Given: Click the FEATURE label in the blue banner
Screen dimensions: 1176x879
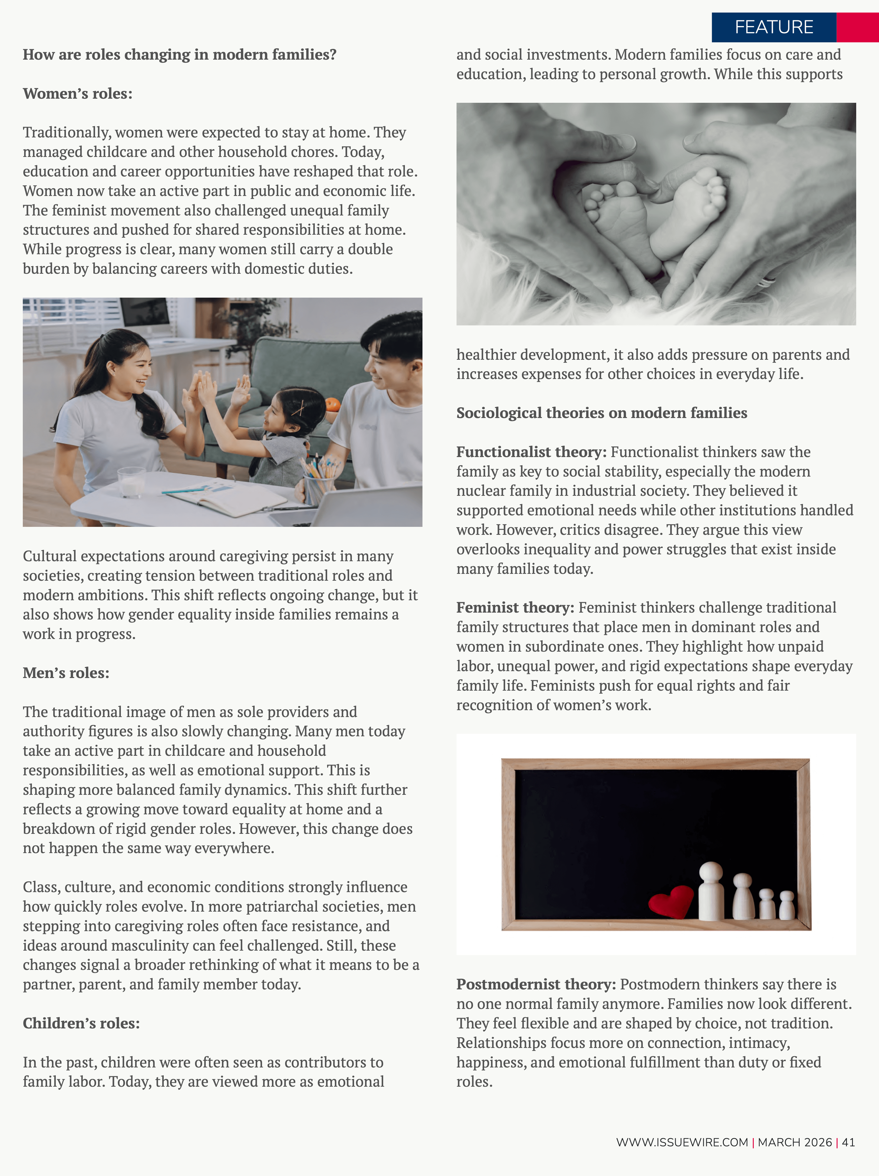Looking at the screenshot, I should [x=774, y=27].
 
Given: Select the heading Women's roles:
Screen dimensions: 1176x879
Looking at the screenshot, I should [x=77, y=94].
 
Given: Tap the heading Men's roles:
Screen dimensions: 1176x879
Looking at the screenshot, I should [x=66, y=673].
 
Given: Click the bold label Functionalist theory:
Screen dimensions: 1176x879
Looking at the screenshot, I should [x=531, y=452].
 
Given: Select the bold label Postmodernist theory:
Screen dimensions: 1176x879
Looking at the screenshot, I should [x=536, y=985].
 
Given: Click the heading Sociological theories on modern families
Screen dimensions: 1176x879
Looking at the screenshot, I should [x=602, y=413].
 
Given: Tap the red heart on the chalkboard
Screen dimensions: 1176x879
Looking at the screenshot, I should [x=671, y=901].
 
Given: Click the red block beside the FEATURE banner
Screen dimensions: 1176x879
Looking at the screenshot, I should [x=857, y=27].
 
